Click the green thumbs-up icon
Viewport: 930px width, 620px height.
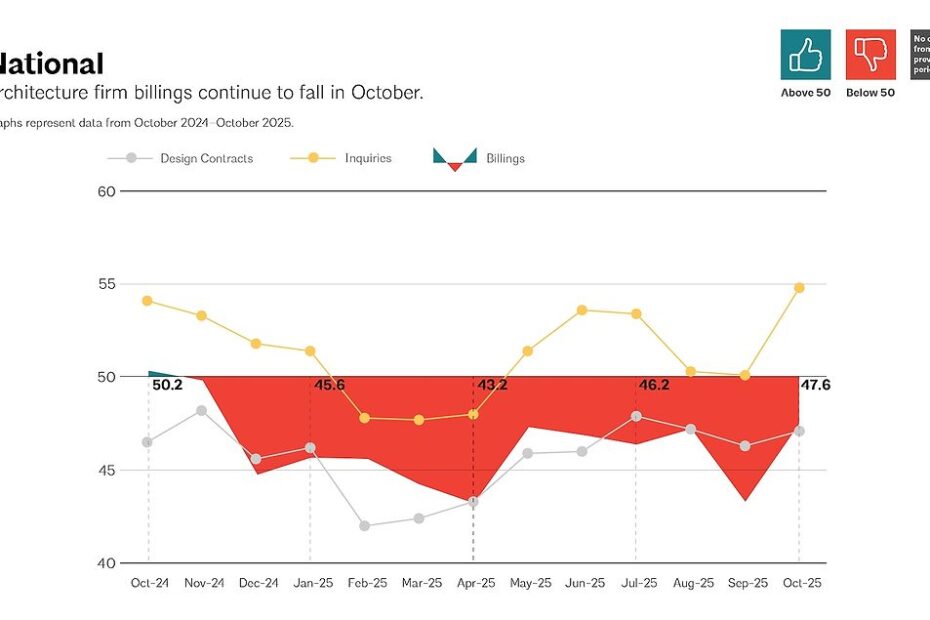pyautogui.click(x=806, y=55)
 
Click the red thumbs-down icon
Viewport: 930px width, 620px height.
pyautogui.click(x=871, y=55)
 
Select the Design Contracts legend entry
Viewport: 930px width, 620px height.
pyautogui.click(x=206, y=158)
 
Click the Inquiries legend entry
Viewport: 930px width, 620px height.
pyautogui.click(x=367, y=158)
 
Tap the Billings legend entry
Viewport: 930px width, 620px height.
pyautogui.click(x=505, y=158)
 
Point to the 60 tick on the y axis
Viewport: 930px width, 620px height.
pyautogui.click(x=105, y=191)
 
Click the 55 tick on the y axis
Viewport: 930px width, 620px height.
pyautogui.click(x=105, y=284)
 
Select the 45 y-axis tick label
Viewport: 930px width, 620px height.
pyautogui.click(x=105, y=470)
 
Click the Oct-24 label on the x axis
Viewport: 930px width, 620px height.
pyautogui.click(x=149, y=582)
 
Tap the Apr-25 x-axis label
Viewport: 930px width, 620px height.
pyautogui.click(x=474, y=582)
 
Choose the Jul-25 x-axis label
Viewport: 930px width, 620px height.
pyautogui.click(x=636, y=582)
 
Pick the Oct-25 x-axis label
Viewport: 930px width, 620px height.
pyautogui.click(x=799, y=582)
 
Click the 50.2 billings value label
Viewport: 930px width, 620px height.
pyautogui.click(x=167, y=385)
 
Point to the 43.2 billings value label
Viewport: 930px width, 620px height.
pyautogui.click(x=492, y=385)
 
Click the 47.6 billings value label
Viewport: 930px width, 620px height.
pyautogui.click(x=816, y=385)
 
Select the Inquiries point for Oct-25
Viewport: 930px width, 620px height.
pyautogui.click(x=799, y=288)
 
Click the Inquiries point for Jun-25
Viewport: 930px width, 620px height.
pyautogui.click(x=582, y=310)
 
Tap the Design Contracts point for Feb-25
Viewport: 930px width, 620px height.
pyautogui.click(x=365, y=525)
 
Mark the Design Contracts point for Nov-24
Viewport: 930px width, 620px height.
pyautogui.click(x=202, y=410)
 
